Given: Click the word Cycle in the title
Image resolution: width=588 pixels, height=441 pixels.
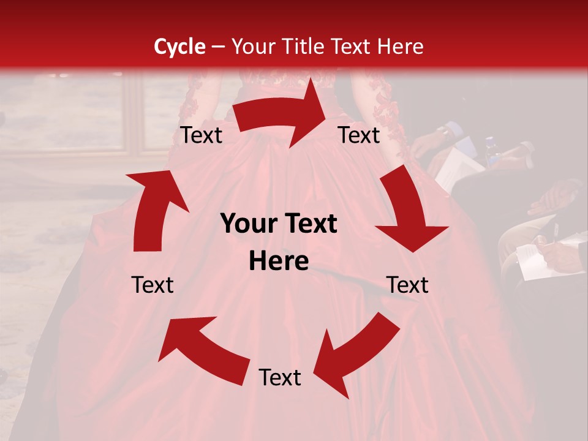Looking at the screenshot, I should coord(179,47).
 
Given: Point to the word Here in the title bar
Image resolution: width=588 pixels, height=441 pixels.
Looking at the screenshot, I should coord(401,47).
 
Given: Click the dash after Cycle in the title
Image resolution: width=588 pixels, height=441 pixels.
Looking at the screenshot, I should coord(217,47).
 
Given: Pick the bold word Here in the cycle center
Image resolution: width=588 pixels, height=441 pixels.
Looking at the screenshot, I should coord(279,262).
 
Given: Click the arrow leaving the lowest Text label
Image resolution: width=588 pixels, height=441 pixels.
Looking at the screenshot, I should coord(202,349).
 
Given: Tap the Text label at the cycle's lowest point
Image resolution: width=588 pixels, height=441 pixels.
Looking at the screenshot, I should coord(280,378).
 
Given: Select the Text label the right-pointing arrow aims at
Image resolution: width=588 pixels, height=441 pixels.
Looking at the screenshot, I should coord(359,135).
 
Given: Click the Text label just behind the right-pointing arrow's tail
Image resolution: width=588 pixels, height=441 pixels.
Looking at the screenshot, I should coord(202,135).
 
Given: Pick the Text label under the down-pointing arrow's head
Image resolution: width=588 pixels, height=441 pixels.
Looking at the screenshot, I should coord(408,285).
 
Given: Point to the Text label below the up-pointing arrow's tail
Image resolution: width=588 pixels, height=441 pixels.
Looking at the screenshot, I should coord(153,285).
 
